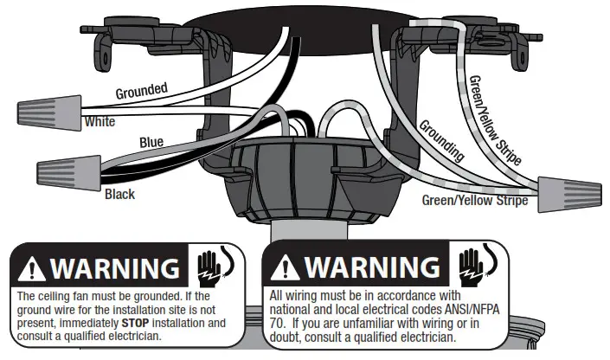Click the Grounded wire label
pyautogui.click(x=141, y=89)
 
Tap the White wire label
pyautogui.click(x=100, y=122)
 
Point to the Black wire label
pyautogui.click(x=119, y=194)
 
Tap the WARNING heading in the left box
pyautogui.click(x=113, y=268)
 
